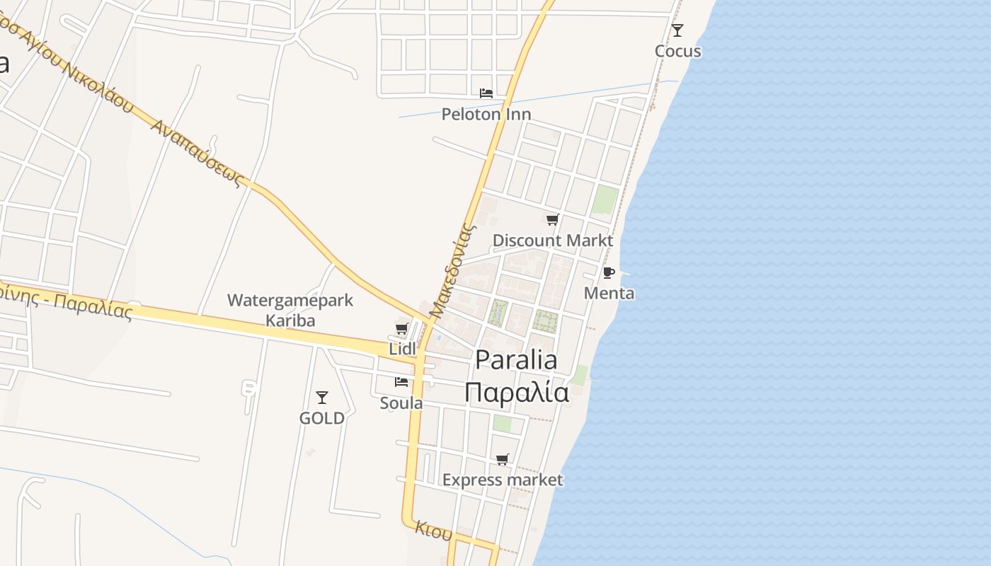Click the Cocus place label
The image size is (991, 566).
pyautogui.click(x=677, y=51)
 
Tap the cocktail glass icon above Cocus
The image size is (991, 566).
pyautogui.click(x=677, y=30)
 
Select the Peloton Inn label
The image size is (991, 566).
pyautogui.click(x=486, y=114)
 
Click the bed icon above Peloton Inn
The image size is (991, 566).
pyautogui.click(x=486, y=93)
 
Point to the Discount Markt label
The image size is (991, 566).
pyautogui.click(x=552, y=240)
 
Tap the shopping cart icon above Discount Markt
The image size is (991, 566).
pyautogui.click(x=552, y=219)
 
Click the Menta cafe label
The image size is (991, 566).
pyautogui.click(x=609, y=293)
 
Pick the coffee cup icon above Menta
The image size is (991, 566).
pyautogui.click(x=608, y=272)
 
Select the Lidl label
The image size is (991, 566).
pyautogui.click(x=402, y=349)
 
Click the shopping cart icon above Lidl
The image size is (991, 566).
pyautogui.click(x=401, y=328)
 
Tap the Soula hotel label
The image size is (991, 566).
pyautogui.click(x=401, y=403)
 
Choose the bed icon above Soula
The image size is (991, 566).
pyautogui.click(x=401, y=382)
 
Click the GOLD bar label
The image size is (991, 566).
pyautogui.click(x=322, y=418)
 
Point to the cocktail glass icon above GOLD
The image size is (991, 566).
pyautogui.click(x=322, y=398)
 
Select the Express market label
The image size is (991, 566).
pyautogui.click(x=503, y=480)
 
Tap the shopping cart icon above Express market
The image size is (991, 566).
pyautogui.click(x=503, y=460)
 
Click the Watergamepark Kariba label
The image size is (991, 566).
pyautogui.click(x=290, y=310)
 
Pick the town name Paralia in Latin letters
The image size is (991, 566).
pyautogui.click(x=516, y=359)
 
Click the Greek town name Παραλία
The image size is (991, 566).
pyautogui.click(x=517, y=392)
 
